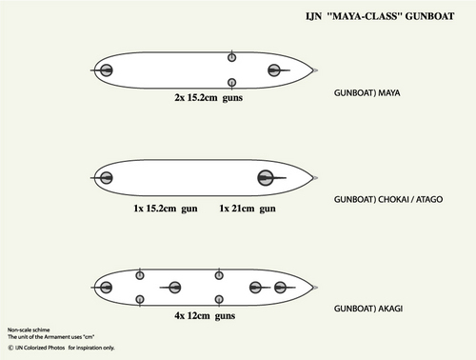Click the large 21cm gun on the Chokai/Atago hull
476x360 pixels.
point(265,177)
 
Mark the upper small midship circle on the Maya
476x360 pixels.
point(231,58)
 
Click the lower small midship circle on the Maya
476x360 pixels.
point(231,83)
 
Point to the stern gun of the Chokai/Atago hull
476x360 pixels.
point(106,177)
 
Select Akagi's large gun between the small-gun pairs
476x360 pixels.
point(174,287)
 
